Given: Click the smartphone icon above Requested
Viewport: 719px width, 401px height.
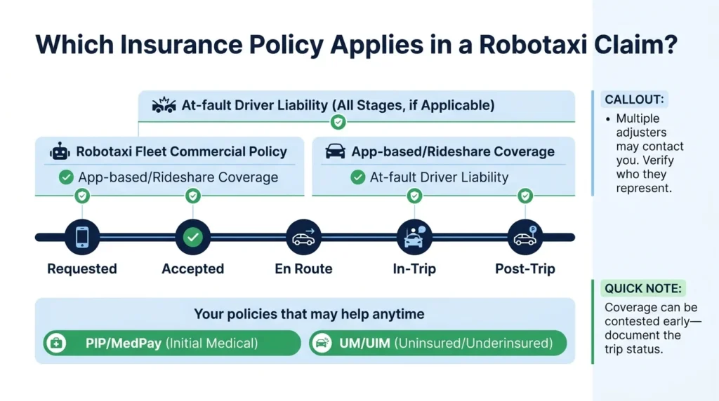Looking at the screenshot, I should (x=81, y=238).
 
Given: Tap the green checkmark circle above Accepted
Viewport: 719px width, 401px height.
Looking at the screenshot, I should (x=192, y=238).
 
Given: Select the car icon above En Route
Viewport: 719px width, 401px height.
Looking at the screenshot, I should (x=303, y=238).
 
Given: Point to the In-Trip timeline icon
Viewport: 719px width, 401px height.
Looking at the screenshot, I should (x=414, y=238).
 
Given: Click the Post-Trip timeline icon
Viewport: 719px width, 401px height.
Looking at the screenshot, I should (x=525, y=238).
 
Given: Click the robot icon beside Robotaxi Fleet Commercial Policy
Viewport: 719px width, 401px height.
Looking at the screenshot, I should (x=60, y=151).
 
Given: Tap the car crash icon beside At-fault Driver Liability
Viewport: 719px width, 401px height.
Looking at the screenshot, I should (x=164, y=106).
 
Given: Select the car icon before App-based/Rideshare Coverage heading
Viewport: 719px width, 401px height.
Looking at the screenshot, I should (x=336, y=151).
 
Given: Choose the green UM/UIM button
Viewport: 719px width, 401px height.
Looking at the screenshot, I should (x=437, y=344).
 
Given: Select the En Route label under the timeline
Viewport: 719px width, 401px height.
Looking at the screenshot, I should (x=303, y=269).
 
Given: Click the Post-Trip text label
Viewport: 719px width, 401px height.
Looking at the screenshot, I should (x=525, y=269).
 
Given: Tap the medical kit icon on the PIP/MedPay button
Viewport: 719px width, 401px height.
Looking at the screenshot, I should (x=55, y=344).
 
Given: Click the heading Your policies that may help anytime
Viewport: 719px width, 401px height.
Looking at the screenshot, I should (x=309, y=313).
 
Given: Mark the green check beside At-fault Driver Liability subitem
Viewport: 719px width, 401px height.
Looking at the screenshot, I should (x=357, y=178).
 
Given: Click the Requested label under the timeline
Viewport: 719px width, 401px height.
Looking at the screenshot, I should (x=81, y=269).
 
